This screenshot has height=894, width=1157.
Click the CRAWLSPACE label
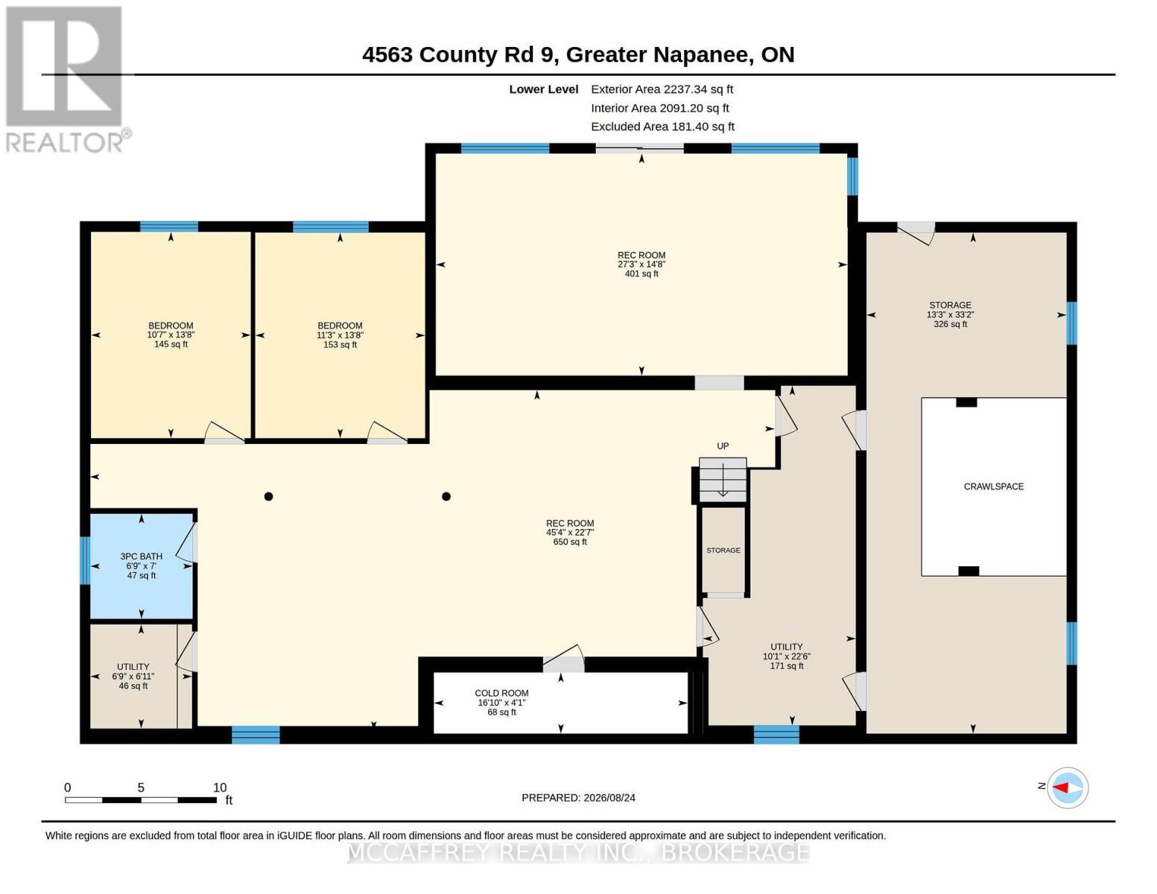[x=994, y=486]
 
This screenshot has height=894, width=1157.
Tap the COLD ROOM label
[x=501, y=693]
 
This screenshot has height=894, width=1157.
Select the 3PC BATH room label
[x=141, y=556]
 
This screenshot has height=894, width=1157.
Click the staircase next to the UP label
[x=723, y=480]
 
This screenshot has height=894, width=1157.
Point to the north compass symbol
[x=1068, y=787]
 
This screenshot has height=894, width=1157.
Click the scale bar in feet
[x=141, y=799]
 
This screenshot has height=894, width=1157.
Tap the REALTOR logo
[x=66, y=80]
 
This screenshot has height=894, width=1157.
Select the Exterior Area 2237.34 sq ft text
[x=662, y=89]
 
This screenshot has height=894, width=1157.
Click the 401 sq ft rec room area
[x=641, y=273]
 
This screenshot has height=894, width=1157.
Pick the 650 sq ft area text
[x=570, y=542]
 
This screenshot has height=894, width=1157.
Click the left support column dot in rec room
[x=269, y=496]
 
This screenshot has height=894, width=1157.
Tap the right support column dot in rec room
[x=447, y=496]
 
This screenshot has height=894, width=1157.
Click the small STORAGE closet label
[x=723, y=550]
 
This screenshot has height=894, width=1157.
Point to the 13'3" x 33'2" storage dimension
[x=951, y=314]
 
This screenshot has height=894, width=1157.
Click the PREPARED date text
[x=578, y=798]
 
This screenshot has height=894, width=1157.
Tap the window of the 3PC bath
[x=85, y=560]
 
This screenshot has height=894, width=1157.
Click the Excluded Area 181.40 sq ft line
[x=662, y=127]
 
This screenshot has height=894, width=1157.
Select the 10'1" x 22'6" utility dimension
[x=787, y=656]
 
